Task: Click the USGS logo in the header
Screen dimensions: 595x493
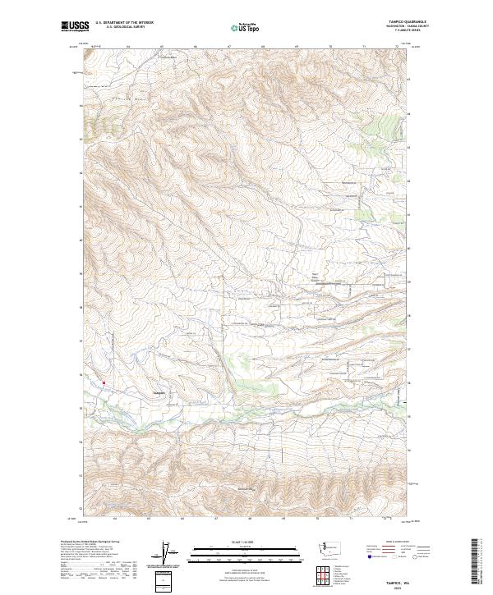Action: pos(74,27)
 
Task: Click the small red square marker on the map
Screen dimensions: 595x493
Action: pos(104,382)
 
